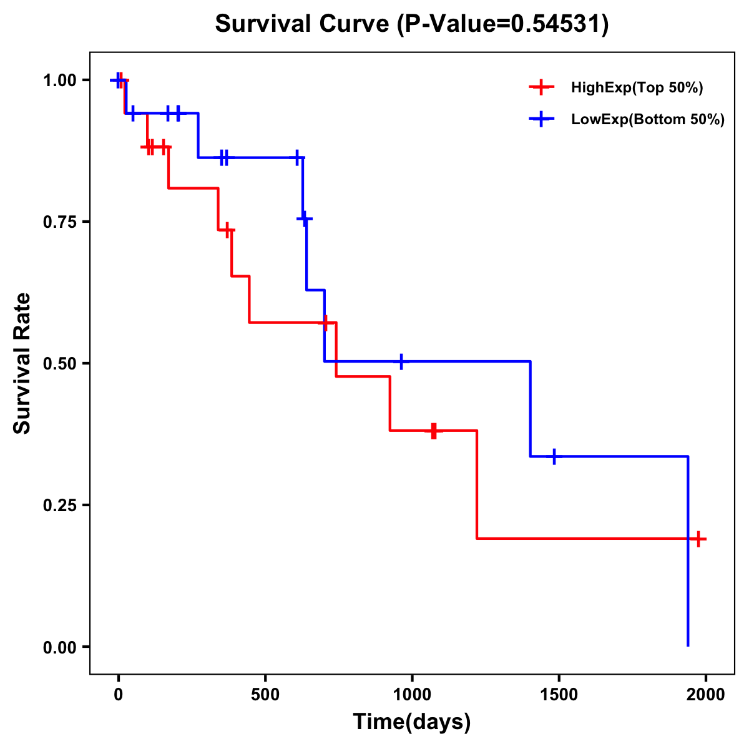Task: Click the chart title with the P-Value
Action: (x=411, y=24)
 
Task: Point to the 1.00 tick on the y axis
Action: (x=59, y=81)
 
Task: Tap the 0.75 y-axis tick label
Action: (x=59, y=222)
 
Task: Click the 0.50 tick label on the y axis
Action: (x=59, y=363)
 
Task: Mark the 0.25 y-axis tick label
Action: (x=59, y=505)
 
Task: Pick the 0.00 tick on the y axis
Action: (x=59, y=647)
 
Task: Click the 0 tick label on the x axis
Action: (x=119, y=695)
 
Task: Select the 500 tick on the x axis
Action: (x=265, y=695)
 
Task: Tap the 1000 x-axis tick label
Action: (x=412, y=695)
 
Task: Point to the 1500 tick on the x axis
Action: (x=559, y=695)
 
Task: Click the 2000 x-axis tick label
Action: (x=706, y=695)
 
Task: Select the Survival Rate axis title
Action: (x=22, y=363)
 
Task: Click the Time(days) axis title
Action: (x=412, y=722)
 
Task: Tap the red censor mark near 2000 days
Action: (x=698, y=539)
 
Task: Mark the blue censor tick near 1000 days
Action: (x=401, y=361)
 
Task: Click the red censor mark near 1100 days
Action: (x=434, y=431)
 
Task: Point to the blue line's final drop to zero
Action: (x=688, y=562)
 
